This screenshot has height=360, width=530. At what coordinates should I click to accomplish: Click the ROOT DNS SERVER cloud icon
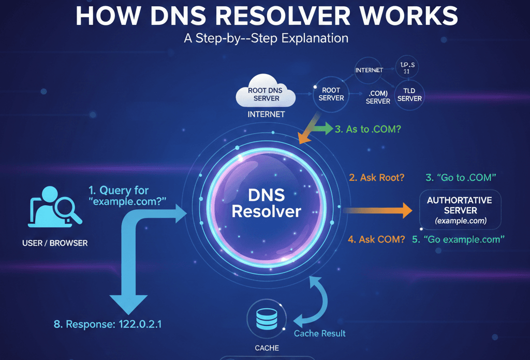pos(264,94)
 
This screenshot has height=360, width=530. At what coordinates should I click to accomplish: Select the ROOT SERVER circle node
pos(331,94)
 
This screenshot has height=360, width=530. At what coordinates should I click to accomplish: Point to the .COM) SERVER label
pos(378,97)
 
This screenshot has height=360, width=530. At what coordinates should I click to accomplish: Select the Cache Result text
pos(319,333)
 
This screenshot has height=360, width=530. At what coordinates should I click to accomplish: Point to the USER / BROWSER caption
pos(55,242)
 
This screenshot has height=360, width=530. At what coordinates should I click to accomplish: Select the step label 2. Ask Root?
pos(376,178)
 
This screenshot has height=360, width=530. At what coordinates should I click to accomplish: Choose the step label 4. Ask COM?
pos(376,239)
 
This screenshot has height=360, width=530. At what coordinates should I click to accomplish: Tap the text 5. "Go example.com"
pos(458,239)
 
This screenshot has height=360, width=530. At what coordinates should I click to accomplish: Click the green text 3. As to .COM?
pos(367,129)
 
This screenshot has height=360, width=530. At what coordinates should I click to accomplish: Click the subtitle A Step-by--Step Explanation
pos(266,38)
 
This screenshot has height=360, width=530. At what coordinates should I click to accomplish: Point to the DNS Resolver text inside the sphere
pos(266,203)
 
